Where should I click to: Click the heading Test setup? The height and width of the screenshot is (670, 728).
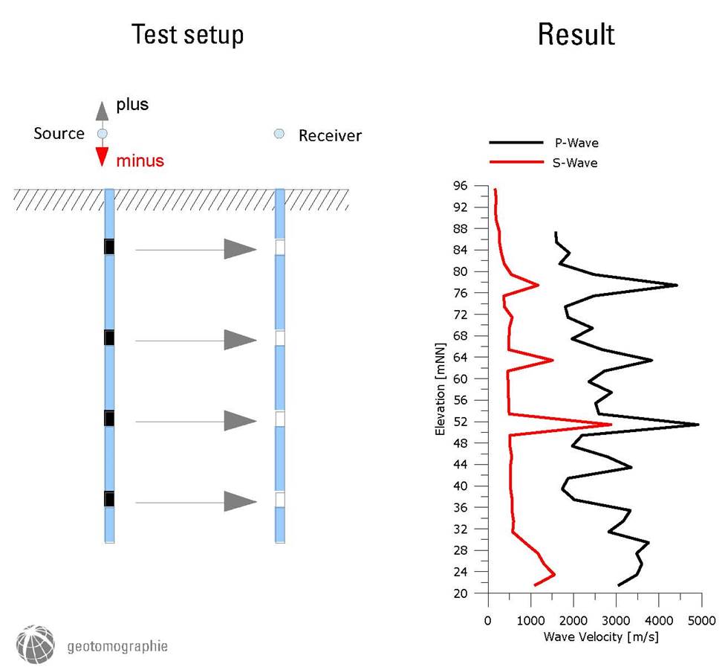pos(187,35)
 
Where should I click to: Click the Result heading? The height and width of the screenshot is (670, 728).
pos(576,35)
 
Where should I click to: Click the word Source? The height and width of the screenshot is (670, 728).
pos(59,134)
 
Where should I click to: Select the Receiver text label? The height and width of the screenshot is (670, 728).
pos(330,135)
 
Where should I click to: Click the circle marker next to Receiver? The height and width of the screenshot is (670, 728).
pos(279,134)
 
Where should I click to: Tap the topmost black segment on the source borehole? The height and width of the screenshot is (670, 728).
pos(109,246)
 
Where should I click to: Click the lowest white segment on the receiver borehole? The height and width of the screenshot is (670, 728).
pos(280,499)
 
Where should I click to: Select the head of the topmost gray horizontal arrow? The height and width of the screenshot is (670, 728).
pos(240,250)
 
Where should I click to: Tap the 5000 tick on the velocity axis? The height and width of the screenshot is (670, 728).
pos(701,619)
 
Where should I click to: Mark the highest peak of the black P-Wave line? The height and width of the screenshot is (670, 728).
pos(698,425)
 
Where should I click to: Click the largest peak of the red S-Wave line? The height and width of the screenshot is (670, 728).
pos(611,425)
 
